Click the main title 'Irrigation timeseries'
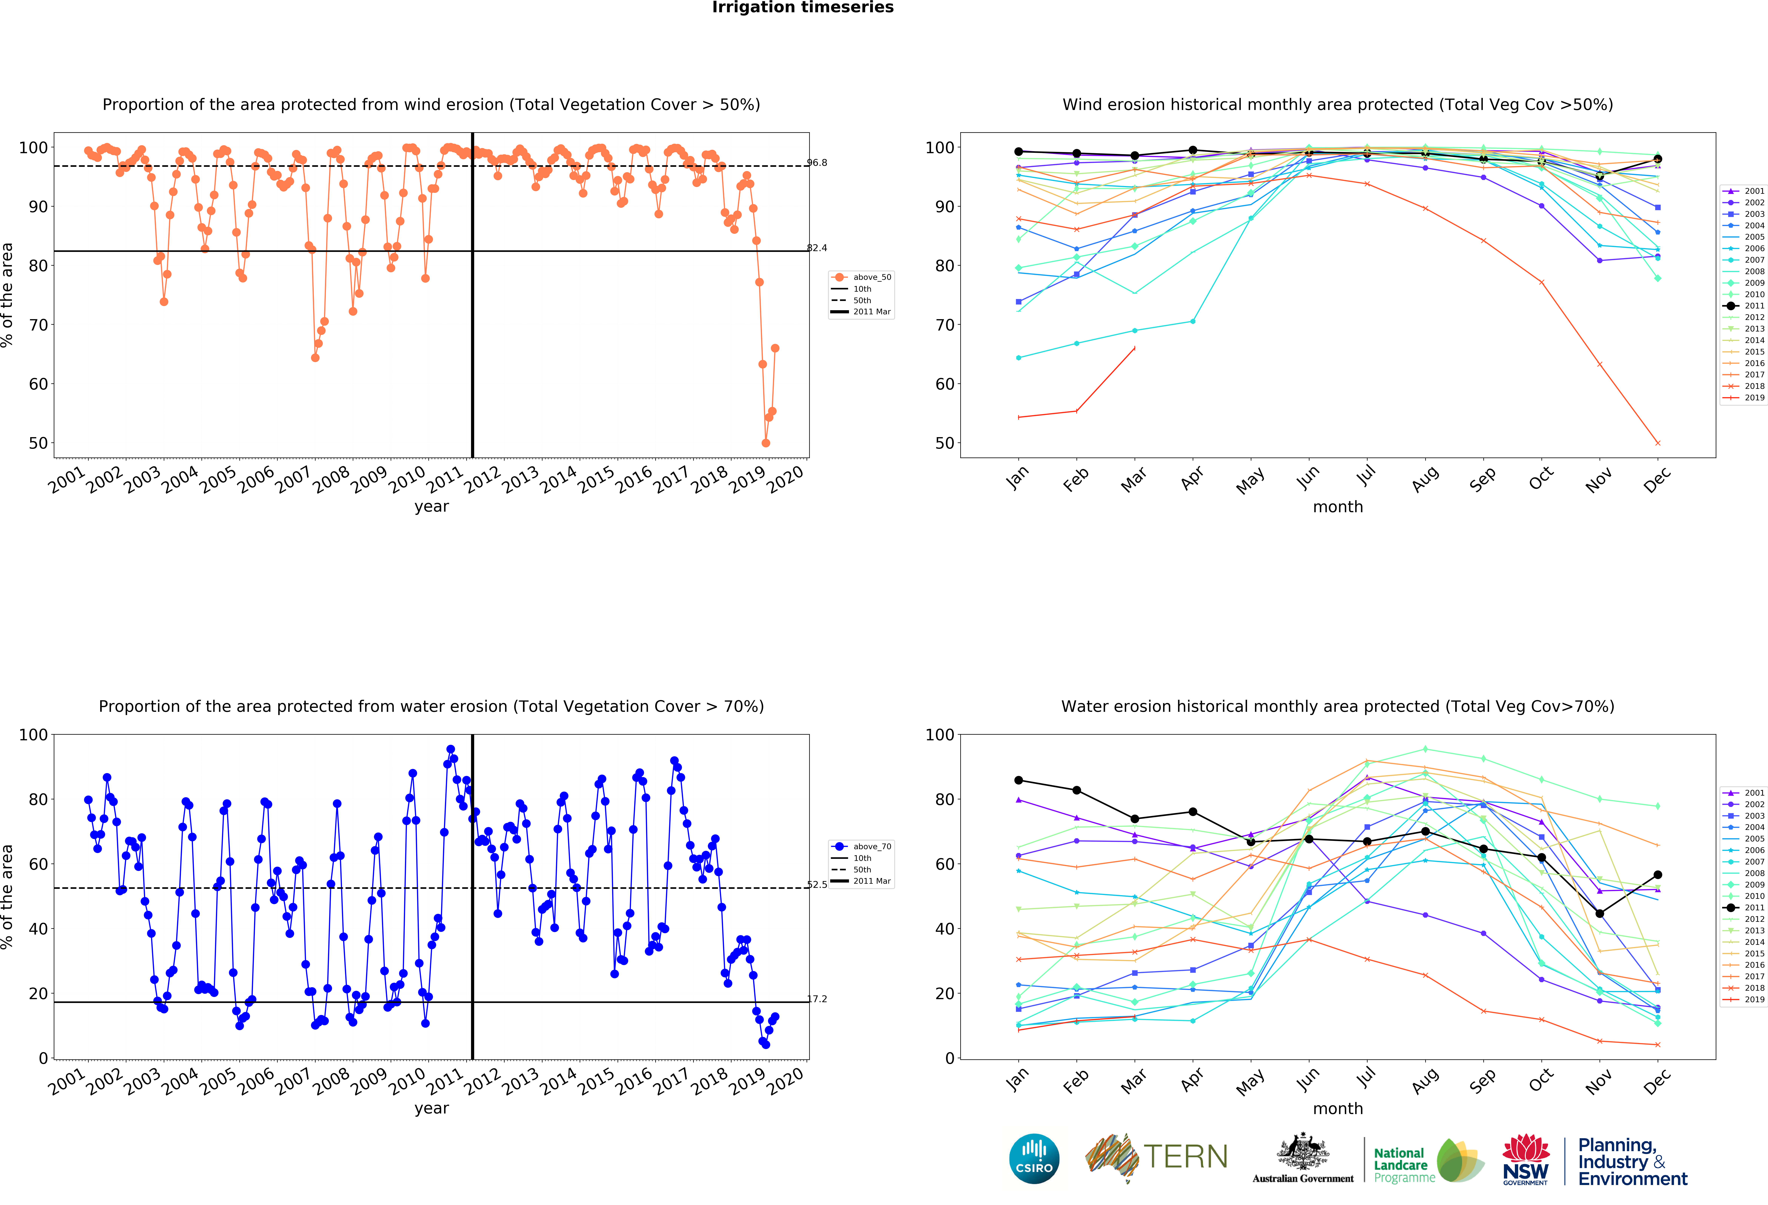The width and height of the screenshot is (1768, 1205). point(803,8)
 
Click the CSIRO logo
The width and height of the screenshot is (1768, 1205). point(1034,1159)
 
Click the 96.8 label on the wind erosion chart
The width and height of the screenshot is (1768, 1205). point(817,163)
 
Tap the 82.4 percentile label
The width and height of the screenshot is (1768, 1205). point(817,248)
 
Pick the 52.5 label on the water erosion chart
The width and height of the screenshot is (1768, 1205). point(817,885)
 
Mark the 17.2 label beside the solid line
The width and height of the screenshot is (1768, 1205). point(817,999)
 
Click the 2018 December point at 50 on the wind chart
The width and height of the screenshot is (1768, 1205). point(1658,443)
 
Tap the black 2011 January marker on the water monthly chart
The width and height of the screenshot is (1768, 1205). point(1019,781)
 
